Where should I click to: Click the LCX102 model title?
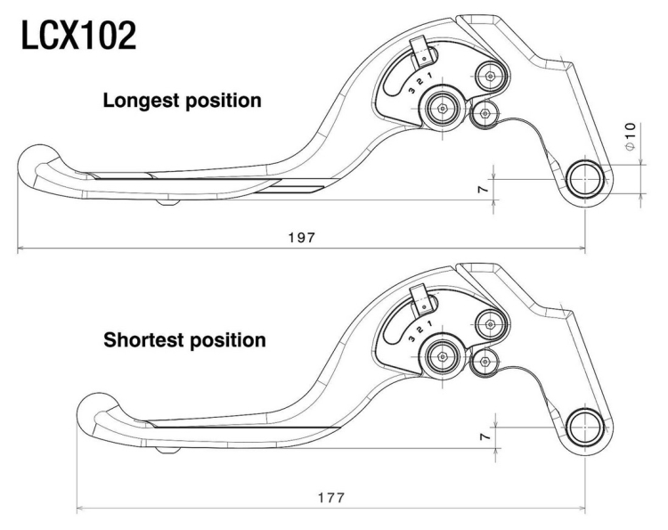[x=78, y=36]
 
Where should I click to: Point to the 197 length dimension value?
[x=302, y=237]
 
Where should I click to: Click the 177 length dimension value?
[x=331, y=497]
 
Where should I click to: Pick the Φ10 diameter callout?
[x=630, y=136]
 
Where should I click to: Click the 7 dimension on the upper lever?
[x=484, y=189]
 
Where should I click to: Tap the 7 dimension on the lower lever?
[x=484, y=437]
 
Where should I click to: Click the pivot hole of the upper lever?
[x=585, y=179]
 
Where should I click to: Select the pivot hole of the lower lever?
[x=585, y=428]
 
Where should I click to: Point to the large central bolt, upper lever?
[x=442, y=109]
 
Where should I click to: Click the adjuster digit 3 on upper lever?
[x=411, y=91]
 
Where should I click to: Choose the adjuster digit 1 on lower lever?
[x=429, y=324]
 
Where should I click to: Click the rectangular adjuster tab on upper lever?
[x=420, y=52]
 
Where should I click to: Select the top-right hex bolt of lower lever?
[x=491, y=324]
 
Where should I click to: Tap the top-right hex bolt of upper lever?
[x=491, y=77]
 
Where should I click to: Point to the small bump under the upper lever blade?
[x=167, y=201]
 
